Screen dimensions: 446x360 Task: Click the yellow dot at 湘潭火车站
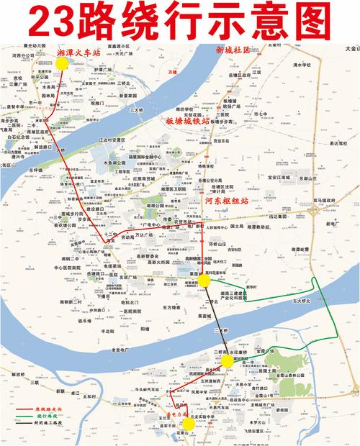[x=62, y=63]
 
